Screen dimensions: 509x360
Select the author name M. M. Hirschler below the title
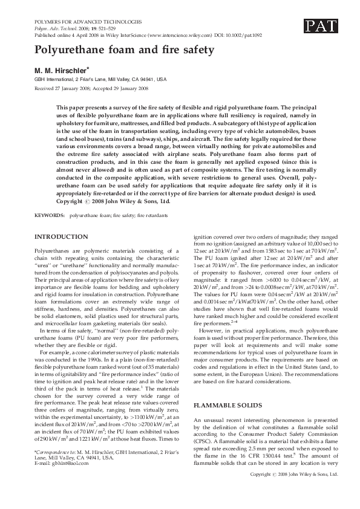62,70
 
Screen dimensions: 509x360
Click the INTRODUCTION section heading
61,236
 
